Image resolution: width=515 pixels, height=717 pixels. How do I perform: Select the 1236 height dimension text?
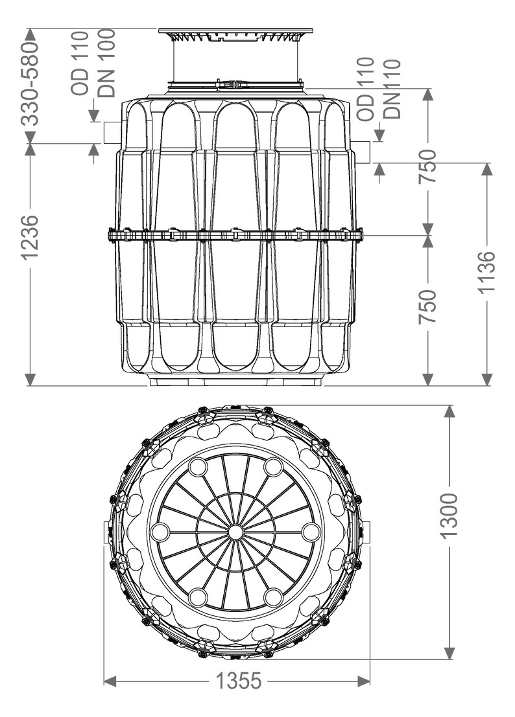[x=30, y=237]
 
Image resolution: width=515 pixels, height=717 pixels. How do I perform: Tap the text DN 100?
[x=106, y=63]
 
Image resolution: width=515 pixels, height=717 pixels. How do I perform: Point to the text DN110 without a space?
[x=392, y=89]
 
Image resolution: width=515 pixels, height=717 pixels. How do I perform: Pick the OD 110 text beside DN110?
[x=366, y=89]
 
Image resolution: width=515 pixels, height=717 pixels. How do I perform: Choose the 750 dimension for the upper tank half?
[x=427, y=166]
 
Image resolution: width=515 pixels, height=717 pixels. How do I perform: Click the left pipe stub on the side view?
[x=112, y=132]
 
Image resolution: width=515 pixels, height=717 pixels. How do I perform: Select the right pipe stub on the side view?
[x=362, y=152]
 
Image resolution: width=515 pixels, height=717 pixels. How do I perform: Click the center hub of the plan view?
[x=235, y=532]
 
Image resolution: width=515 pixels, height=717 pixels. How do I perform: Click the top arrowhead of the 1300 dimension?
[x=449, y=412]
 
